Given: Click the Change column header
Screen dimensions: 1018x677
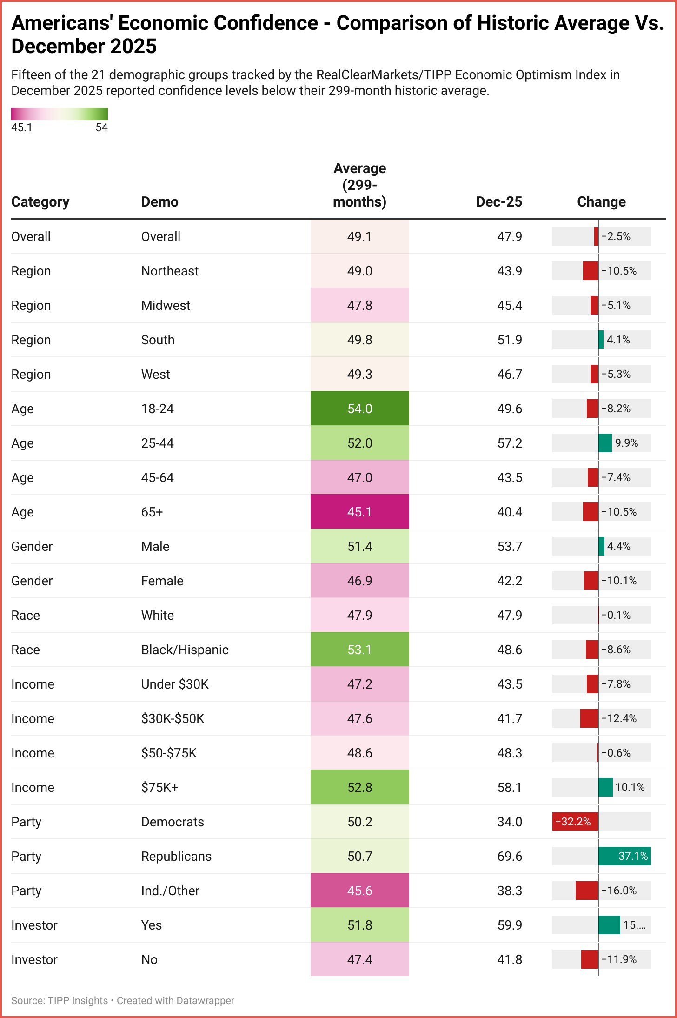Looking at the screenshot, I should tap(601, 202).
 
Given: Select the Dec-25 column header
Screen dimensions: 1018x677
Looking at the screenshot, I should tap(498, 202).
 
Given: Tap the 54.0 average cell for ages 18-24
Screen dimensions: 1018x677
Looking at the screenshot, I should tap(359, 409).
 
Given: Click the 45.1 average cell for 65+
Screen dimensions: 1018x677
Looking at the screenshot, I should tap(359, 512).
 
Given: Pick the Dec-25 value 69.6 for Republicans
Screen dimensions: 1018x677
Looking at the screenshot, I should tap(509, 856).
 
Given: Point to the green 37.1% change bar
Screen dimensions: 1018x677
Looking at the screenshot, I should tap(624, 856).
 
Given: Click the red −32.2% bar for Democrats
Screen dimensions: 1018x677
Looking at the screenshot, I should tap(575, 822).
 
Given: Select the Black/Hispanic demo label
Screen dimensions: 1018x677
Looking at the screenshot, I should tap(185, 650).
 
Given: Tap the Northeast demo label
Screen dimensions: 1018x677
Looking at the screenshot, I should tap(170, 271).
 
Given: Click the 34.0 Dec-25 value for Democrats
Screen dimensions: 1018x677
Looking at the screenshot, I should tap(509, 822).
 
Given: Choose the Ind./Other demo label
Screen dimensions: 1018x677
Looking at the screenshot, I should tap(170, 891).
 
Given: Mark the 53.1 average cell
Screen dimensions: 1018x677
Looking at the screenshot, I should tap(359, 650).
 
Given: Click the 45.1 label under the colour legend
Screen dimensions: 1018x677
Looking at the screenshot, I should tap(22, 127).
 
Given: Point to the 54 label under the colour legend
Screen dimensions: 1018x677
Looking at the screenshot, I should tap(101, 127).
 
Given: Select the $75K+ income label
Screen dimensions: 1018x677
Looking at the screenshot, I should tap(159, 787).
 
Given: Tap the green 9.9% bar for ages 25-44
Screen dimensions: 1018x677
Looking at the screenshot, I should tap(605, 443).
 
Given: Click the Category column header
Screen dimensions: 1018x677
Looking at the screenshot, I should tap(40, 202).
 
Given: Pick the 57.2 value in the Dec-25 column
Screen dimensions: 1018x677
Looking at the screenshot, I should tap(509, 443).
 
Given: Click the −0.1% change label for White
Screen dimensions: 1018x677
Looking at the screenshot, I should tap(616, 615).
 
